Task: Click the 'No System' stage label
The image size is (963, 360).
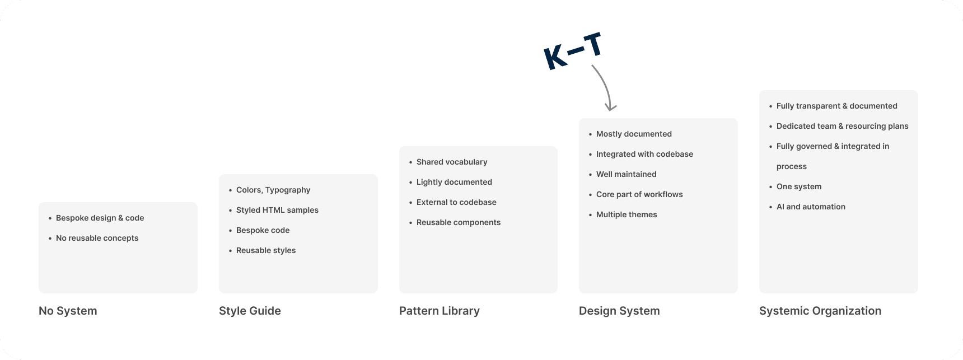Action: coord(68,311)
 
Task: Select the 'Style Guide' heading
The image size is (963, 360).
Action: coord(250,311)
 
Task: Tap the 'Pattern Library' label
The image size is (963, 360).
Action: coord(439,311)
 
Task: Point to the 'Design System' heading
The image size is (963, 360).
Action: coord(619,311)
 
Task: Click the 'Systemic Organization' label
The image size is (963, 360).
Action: coord(820,311)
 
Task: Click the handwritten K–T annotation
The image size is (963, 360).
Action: coord(573,52)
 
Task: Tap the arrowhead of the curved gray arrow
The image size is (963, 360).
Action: coord(611,106)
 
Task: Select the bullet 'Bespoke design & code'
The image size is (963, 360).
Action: coord(100,218)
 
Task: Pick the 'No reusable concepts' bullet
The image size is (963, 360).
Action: coord(97,238)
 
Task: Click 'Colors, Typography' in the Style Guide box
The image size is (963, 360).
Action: coord(273,190)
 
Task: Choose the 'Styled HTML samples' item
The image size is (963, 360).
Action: coord(277,210)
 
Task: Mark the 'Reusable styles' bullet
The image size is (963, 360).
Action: coord(266,250)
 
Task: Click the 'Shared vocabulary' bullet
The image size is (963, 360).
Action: coord(452,162)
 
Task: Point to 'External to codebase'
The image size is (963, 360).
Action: coord(456,202)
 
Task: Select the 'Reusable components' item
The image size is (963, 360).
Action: coord(459,222)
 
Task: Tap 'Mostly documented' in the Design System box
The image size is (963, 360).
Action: coord(634,134)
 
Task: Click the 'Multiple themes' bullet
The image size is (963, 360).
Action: coord(627,214)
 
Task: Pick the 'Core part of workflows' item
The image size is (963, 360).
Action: coord(639,194)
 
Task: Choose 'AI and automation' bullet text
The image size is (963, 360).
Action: coord(811,207)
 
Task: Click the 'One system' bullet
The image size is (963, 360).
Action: coord(799,186)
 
